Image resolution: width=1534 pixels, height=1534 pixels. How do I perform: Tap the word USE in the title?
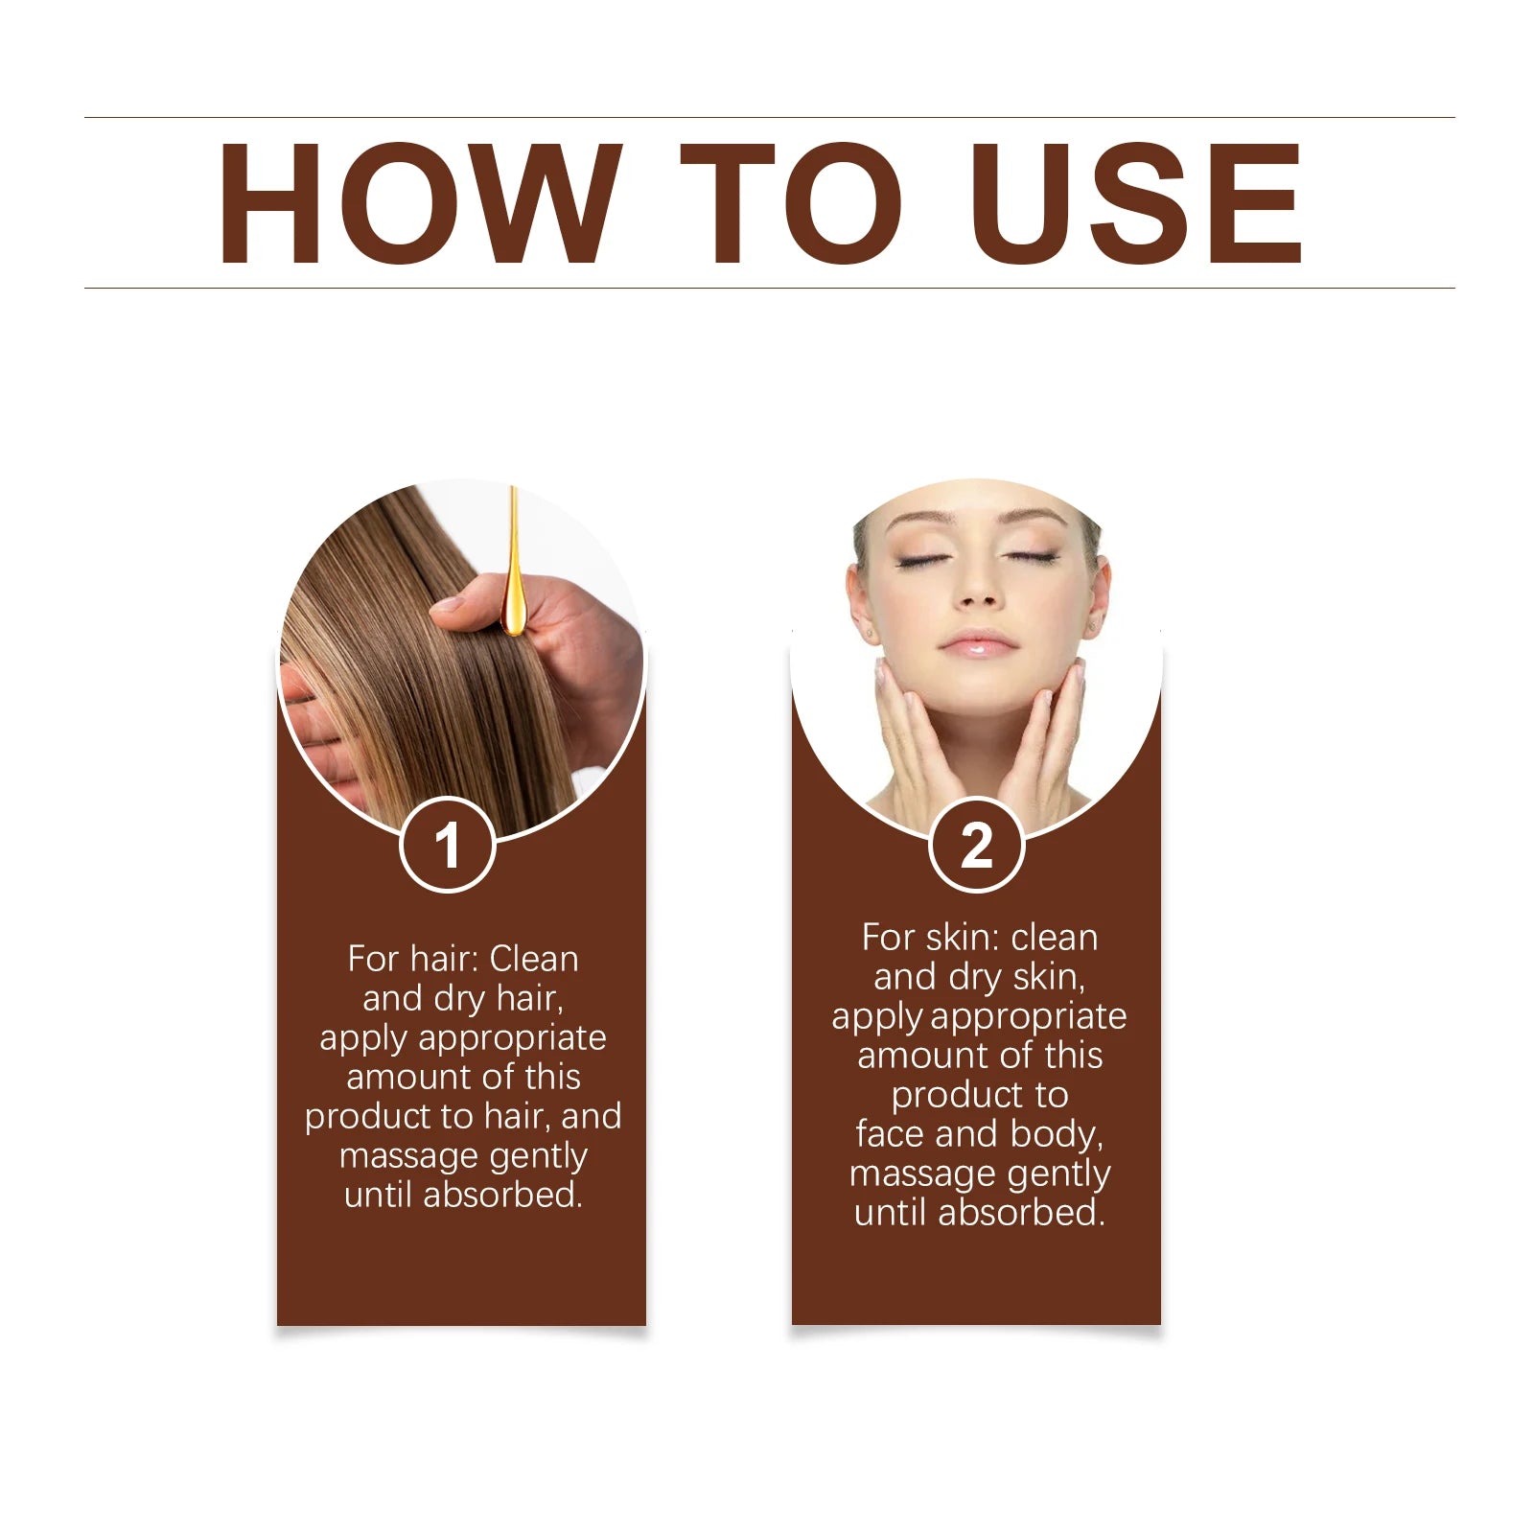coord(1136,202)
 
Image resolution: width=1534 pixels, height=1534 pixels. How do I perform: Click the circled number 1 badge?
coord(447,845)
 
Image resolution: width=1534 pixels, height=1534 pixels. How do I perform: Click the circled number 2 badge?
coord(977,845)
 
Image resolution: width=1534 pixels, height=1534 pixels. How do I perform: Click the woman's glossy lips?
coord(977,644)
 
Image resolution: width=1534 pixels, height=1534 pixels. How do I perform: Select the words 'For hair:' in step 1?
coord(413,958)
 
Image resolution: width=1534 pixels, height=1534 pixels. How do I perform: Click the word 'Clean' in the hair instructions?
coord(534,958)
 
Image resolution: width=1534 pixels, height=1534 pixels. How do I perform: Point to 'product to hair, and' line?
coord(463,1116)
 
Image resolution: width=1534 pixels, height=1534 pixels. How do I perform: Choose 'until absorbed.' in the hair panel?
coord(463,1195)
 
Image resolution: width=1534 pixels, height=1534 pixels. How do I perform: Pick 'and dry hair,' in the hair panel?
coord(463,999)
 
